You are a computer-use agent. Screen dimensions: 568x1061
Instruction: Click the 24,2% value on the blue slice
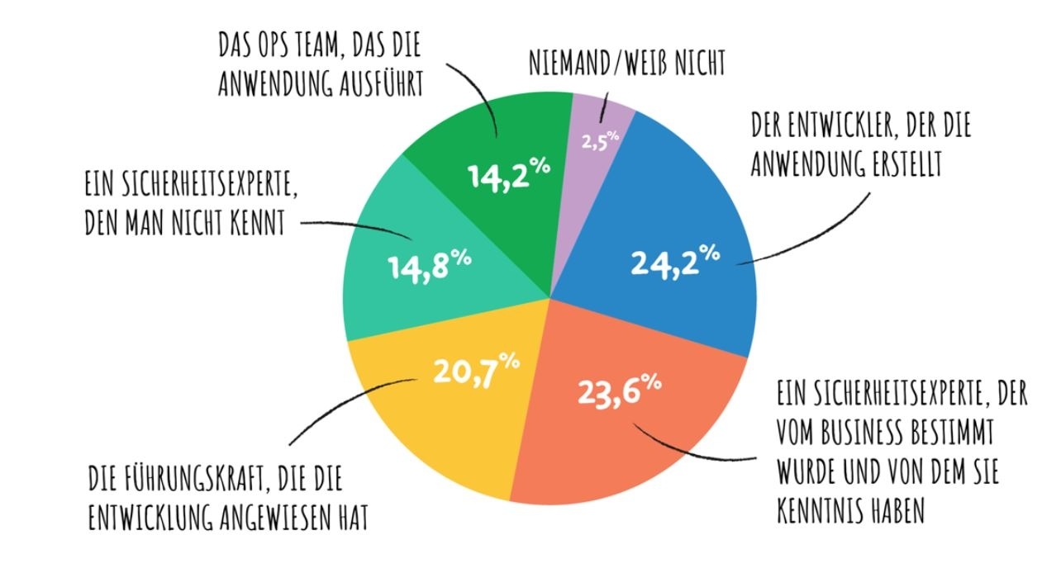point(674,261)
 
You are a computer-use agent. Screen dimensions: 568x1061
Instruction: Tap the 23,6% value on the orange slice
point(619,390)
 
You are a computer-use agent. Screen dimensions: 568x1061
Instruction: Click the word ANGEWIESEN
point(268,519)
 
